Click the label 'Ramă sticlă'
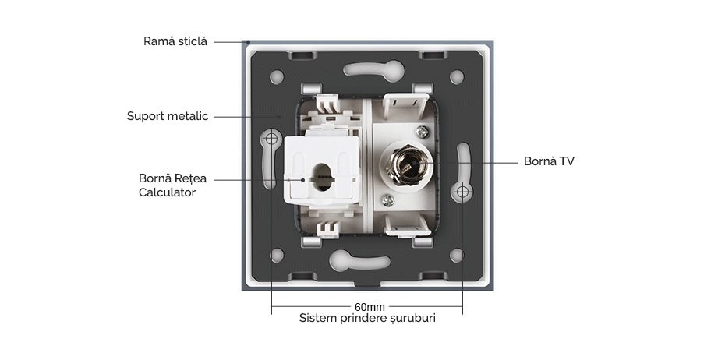point(175,41)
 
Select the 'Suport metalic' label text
point(168,117)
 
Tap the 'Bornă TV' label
point(549,162)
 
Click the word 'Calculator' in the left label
point(167,192)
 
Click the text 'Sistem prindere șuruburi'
point(367,319)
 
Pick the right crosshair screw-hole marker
point(462,191)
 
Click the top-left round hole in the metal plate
point(277,77)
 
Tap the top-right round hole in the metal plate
point(457,77)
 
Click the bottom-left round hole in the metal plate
point(277,255)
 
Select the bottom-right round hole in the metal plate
point(457,255)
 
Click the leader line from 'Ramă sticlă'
point(229,41)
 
